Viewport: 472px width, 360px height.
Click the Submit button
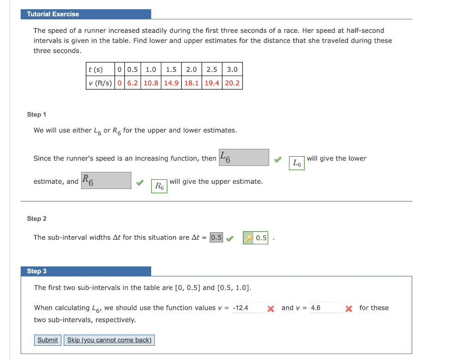click(47, 340)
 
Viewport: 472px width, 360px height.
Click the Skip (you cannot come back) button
click(109, 340)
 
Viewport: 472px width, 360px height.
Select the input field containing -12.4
click(248, 308)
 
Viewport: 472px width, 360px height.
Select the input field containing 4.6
click(326, 308)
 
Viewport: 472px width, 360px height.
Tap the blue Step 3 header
click(86, 271)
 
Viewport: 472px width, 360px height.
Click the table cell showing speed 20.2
click(232, 83)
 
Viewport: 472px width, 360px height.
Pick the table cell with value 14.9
click(171, 83)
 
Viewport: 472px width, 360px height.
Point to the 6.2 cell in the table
click(132, 83)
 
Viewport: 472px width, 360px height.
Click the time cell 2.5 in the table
click(212, 70)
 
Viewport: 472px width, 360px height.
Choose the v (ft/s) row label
click(100, 83)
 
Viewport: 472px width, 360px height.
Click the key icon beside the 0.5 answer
click(248, 238)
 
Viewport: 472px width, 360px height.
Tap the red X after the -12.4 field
click(271, 308)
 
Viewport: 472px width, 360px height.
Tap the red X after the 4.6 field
click(349, 308)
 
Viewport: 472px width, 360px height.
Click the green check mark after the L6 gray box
click(277, 159)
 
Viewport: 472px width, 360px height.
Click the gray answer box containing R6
click(106, 180)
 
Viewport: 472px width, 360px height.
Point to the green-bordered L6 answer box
click(297, 163)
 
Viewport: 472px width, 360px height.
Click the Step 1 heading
click(37, 114)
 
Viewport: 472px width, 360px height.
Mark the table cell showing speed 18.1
click(191, 83)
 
